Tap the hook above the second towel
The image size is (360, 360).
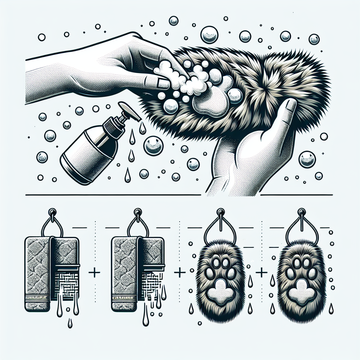pyautogui.click(x=138, y=213)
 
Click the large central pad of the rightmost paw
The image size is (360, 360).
pyautogui.click(x=301, y=289)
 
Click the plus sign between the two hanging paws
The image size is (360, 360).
pyautogui.click(x=261, y=273)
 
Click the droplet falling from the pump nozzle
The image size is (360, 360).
pyautogui.click(x=142, y=128)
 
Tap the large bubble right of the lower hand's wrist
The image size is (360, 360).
pyautogui.click(x=307, y=159)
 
